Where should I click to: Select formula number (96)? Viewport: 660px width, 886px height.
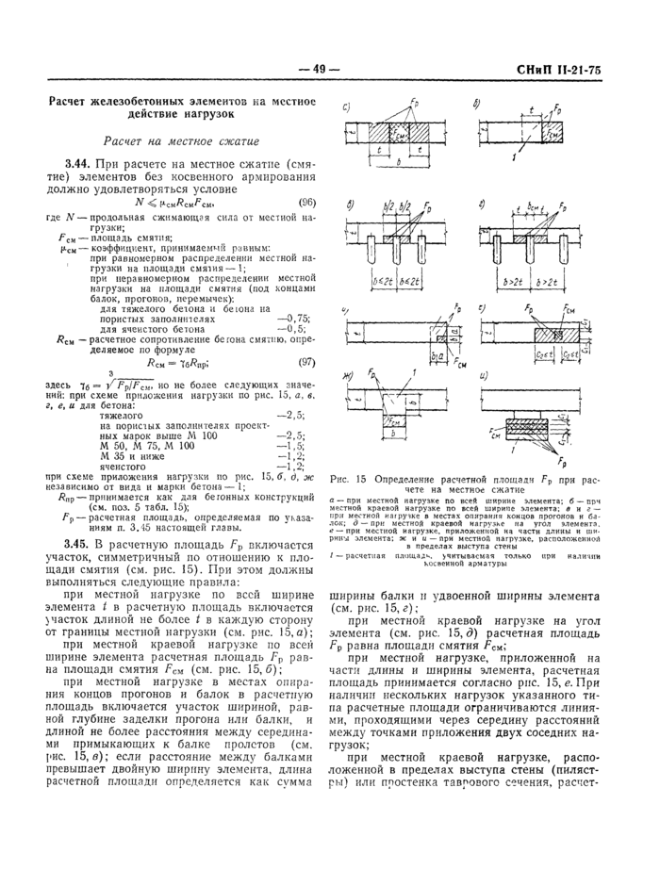306,202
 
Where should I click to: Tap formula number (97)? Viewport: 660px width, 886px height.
306,361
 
